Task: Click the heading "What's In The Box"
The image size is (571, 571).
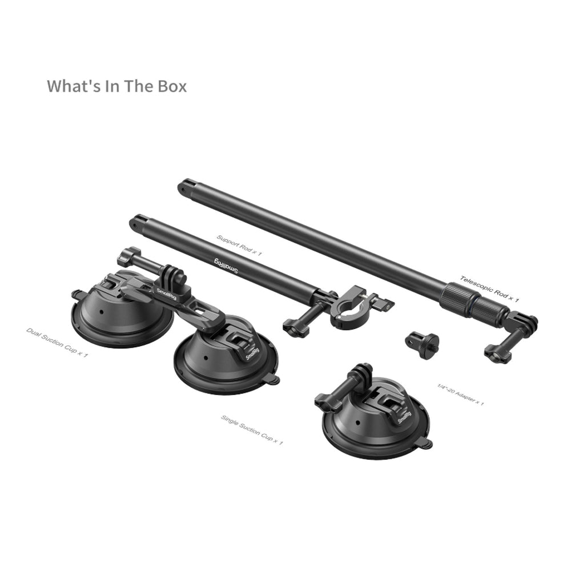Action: pos(116,86)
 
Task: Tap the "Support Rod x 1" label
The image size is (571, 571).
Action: pos(239,245)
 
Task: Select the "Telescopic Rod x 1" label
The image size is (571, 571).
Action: pos(489,289)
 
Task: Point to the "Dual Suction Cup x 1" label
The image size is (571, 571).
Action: pos(57,342)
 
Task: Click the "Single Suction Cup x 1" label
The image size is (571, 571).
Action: pos(252,430)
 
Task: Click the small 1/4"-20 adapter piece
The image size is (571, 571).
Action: pos(423,344)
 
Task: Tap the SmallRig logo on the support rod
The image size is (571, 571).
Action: pos(226,266)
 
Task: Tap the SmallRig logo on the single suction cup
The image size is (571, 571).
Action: pos(404,417)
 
